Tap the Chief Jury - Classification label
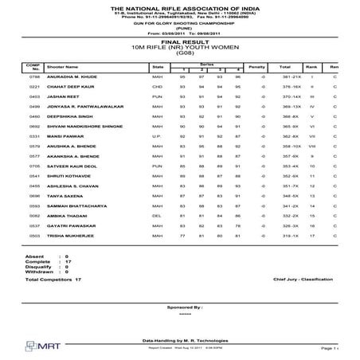pos(303,280)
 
